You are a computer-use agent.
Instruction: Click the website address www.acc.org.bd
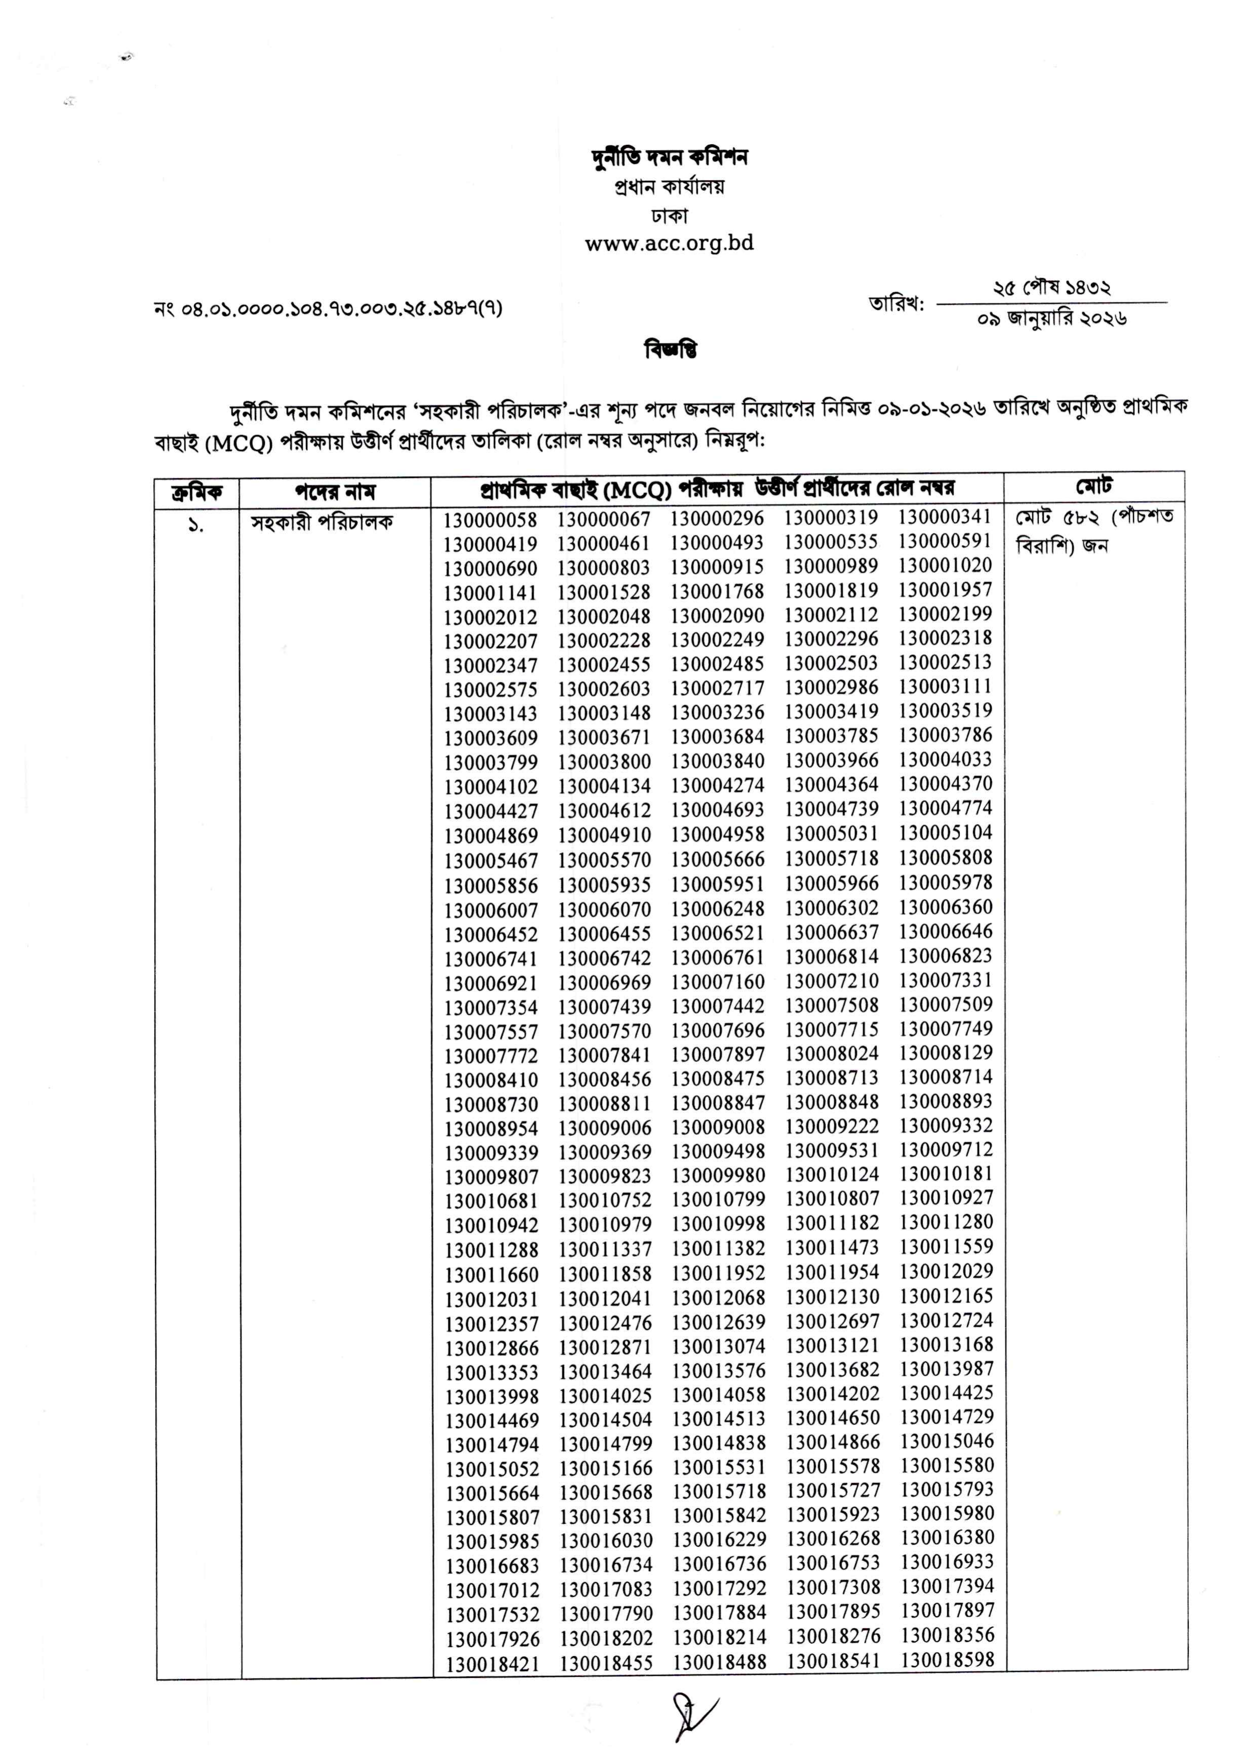[669, 244]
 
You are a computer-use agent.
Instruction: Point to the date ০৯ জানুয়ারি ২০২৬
[1052, 318]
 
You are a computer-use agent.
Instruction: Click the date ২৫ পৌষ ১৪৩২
[1052, 288]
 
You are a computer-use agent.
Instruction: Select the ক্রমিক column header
[197, 492]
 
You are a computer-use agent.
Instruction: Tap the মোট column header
[1094, 486]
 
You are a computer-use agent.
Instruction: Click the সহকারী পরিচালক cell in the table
[322, 523]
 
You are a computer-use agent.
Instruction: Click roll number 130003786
[945, 735]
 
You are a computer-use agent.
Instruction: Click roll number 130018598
[947, 1660]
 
